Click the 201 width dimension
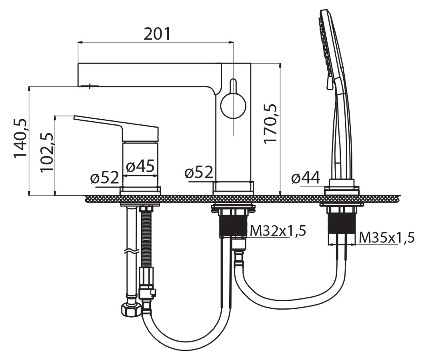pos(157,35)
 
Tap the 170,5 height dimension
pos(271,124)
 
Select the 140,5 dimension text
pos(21,138)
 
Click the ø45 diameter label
pos(140,166)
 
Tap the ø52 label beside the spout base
pos(199,173)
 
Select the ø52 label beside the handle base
pos(104,178)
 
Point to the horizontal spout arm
pos(148,75)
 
